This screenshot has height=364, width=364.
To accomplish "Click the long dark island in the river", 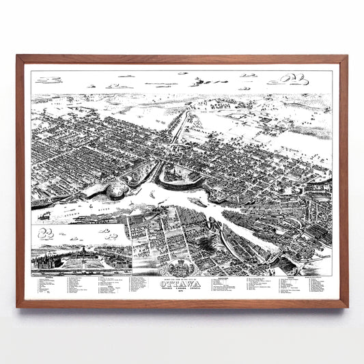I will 198,202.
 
